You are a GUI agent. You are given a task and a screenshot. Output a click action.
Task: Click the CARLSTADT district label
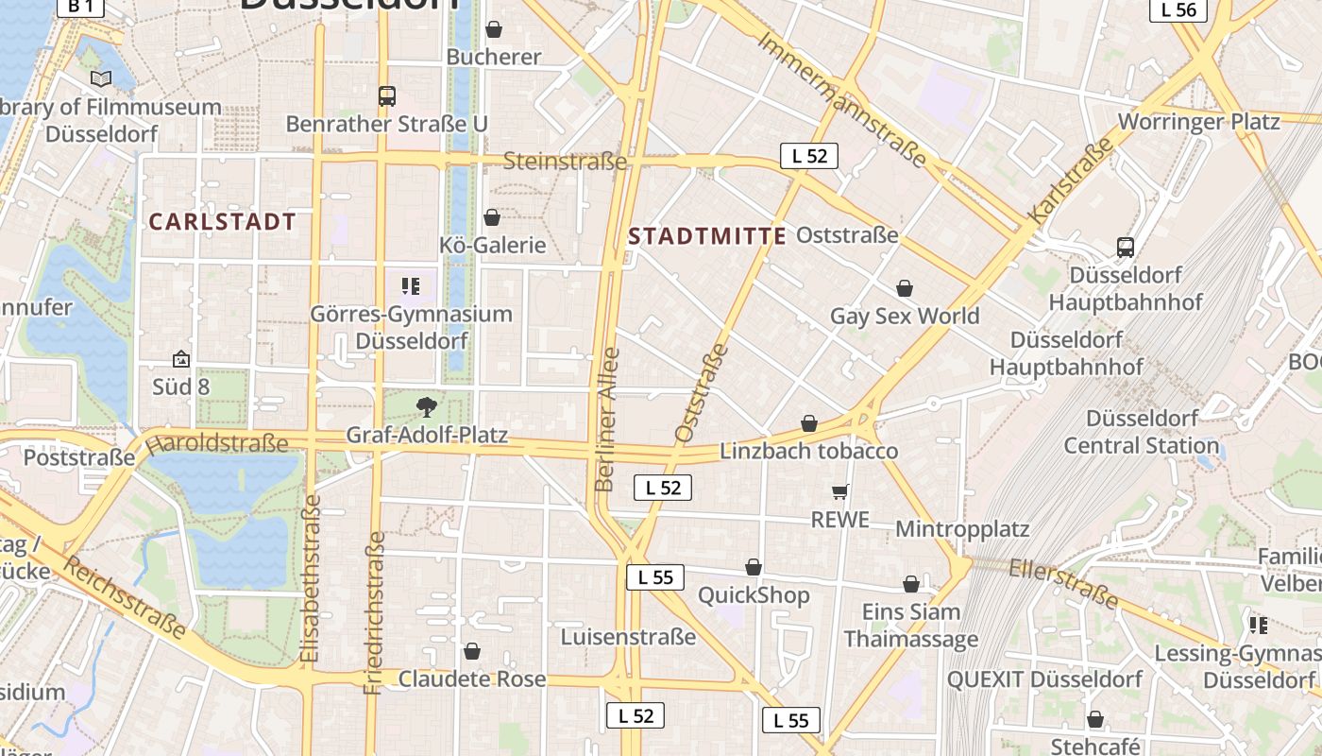223,222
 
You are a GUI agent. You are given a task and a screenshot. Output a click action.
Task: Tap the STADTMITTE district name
707,236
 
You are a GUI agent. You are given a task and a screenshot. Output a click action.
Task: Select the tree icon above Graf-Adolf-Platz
427,407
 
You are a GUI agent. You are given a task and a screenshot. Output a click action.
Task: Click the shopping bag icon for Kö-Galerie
492,218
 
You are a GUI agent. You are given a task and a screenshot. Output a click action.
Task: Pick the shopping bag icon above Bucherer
493,29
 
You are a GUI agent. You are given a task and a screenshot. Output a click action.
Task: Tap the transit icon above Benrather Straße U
387,95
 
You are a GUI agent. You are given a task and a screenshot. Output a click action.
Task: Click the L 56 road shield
1178,9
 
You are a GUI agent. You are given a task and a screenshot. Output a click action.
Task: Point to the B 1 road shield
80,7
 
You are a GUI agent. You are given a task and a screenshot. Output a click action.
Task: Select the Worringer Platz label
1198,122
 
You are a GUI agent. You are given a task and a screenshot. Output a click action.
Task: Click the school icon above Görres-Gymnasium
411,285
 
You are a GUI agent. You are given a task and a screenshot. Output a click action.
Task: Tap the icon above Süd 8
180,360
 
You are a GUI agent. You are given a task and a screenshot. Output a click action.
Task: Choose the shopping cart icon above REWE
840,491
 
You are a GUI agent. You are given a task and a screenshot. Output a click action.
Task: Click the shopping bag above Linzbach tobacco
809,423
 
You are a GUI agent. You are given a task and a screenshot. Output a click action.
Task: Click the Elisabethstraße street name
313,577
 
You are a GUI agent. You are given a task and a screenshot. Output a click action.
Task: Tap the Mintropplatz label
961,528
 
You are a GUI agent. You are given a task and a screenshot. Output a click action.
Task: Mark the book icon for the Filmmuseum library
101,79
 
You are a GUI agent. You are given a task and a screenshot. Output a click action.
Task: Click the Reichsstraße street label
125,597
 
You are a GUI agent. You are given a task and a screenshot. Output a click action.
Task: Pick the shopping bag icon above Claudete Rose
472,652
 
